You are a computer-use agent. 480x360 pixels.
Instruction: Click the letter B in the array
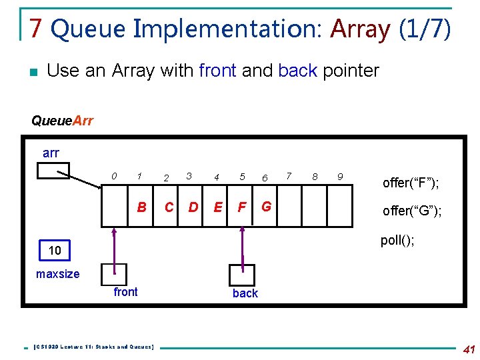[141, 207]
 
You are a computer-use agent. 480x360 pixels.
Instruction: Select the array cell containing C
[169, 207]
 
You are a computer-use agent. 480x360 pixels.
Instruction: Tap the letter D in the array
[193, 207]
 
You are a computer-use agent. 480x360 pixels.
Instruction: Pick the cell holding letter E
[217, 207]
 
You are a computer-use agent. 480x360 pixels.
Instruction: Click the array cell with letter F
[242, 207]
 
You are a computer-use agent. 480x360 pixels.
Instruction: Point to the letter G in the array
[266, 207]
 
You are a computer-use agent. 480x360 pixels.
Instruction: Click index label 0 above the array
[115, 177]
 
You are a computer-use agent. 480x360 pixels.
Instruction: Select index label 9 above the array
[339, 177]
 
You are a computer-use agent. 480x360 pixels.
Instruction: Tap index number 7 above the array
[289, 176]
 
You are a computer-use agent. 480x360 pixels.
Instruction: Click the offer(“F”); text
[411, 182]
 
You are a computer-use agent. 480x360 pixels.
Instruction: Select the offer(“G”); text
[411, 211]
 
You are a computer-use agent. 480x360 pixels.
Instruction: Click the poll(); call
[397, 240]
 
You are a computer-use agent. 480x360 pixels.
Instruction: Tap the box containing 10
[55, 251]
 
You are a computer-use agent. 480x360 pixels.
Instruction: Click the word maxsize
[57, 274]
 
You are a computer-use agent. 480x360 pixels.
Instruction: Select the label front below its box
[125, 292]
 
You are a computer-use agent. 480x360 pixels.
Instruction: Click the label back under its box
[245, 293]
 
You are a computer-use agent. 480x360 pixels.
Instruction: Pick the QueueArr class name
[62, 121]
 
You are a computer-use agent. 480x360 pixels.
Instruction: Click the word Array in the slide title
[360, 29]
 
